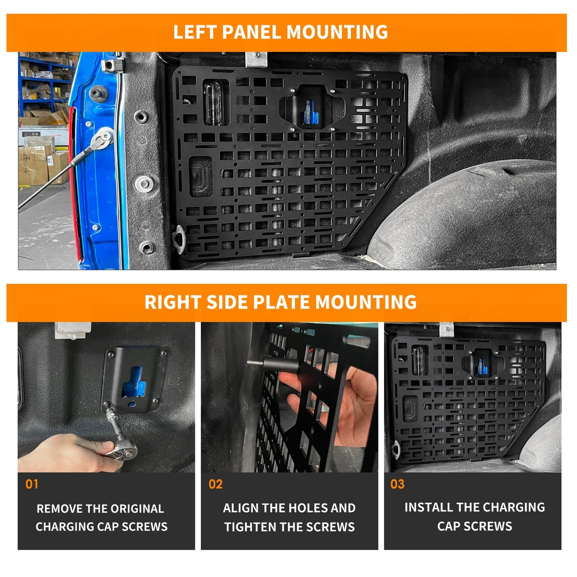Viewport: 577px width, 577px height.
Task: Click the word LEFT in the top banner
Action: coord(195,32)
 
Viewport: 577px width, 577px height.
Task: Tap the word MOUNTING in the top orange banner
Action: coord(337,32)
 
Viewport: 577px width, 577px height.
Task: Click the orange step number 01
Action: coord(32,484)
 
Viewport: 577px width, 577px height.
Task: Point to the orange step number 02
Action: coord(216,484)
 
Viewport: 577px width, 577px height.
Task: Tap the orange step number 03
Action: coord(397,484)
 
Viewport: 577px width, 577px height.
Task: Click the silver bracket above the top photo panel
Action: coord(256,59)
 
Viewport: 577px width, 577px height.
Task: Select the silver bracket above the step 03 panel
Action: coord(447,330)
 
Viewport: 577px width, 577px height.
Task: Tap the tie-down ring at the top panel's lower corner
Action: coord(179,239)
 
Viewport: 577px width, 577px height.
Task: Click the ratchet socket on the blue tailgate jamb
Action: coord(103,138)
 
